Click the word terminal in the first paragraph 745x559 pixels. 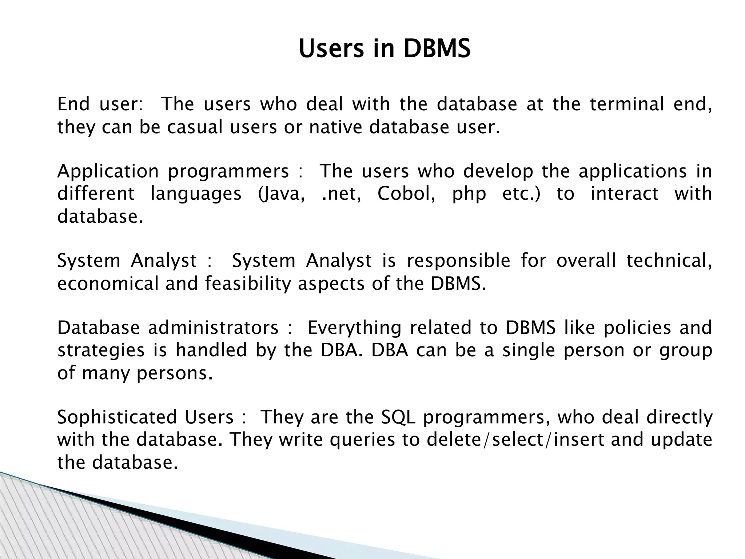click(x=627, y=104)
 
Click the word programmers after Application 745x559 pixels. click(x=228, y=171)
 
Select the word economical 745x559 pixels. click(x=108, y=284)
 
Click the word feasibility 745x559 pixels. click(x=248, y=284)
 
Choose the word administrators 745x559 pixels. click(x=213, y=328)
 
